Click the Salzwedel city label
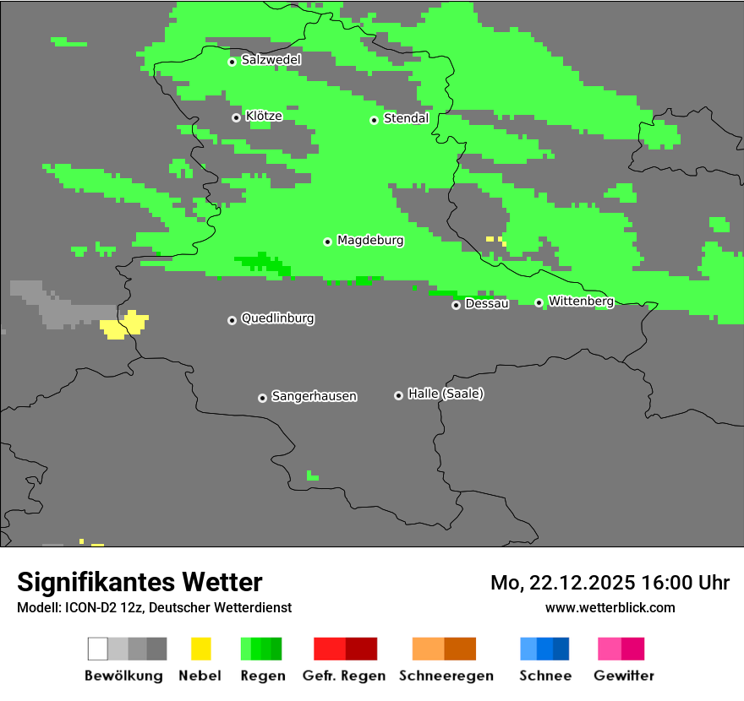pos(271,60)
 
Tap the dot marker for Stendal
pos(374,120)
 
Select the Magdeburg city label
pos(370,241)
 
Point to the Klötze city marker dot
pos(236,117)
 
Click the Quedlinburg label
pos(277,318)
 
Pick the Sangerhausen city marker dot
pos(262,398)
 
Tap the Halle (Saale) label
pos(446,394)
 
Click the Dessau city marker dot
pos(456,305)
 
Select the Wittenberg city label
pos(581,301)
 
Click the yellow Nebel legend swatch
pos(200,649)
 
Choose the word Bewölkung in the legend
pos(123,676)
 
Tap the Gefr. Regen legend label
pos(343,676)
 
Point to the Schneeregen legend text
pos(446,676)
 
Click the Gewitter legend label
pos(624,676)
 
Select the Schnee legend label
pos(545,676)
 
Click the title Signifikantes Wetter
pos(139,583)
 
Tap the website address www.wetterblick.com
pos(610,607)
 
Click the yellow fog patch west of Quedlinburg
pos(123,325)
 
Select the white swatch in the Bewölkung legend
pos(98,649)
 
